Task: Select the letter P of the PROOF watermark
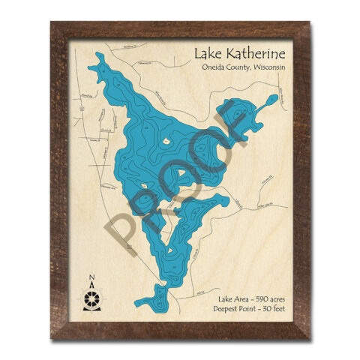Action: click(125, 232)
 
